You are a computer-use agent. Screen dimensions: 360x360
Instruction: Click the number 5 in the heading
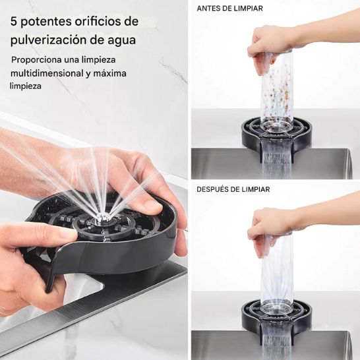click(x=15, y=21)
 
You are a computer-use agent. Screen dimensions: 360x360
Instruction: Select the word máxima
click(x=109, y=73)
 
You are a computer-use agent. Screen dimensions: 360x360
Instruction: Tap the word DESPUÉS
click(x=215, y=189)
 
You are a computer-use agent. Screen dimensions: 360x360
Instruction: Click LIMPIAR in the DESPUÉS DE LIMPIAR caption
click(x=253, y=189)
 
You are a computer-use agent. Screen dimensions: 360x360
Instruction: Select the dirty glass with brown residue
click(x=278, y=92)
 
